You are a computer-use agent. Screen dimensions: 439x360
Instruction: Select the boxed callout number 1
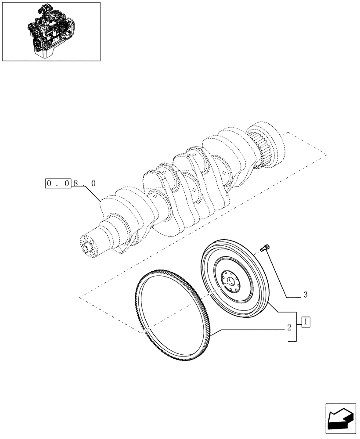pyautogui.click(x=306, y=322)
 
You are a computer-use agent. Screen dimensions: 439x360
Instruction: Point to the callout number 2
pyautogui.click(x=289, y=327)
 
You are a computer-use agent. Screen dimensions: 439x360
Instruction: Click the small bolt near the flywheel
pyautogui.click(x=265, y=248)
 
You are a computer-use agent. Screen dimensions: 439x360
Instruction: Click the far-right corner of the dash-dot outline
pyautogui.click(x=327, y=154)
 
